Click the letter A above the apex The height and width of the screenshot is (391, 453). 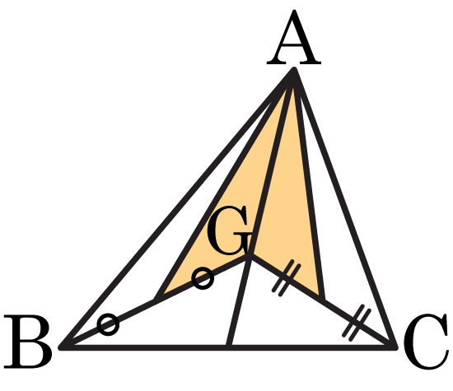tap(294, 38)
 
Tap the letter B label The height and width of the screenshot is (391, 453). tap(28, 342)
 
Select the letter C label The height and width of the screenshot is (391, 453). tap(426, 342)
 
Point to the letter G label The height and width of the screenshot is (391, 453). tap(228, 230)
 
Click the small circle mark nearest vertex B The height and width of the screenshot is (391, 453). tap(108, 324)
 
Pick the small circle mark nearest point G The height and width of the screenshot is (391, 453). tap(203, 278)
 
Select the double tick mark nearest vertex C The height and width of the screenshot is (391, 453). tap(356, 323)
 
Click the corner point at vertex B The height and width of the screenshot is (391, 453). tap(62, 347)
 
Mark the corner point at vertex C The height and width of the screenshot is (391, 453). tap(395, 347)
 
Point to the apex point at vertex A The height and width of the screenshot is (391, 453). tap(294, 70)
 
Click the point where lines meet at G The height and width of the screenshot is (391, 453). tap(250, 256)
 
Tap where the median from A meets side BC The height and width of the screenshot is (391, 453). tap(228, 347)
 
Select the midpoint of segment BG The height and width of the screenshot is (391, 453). tap(156, 300)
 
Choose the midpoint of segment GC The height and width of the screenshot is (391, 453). tap(322, 300)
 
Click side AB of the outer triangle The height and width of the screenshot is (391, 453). tap(178, 208)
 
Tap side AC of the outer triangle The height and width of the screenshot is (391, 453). tap(344, 208)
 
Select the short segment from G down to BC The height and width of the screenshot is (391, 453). tap(240, 301)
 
